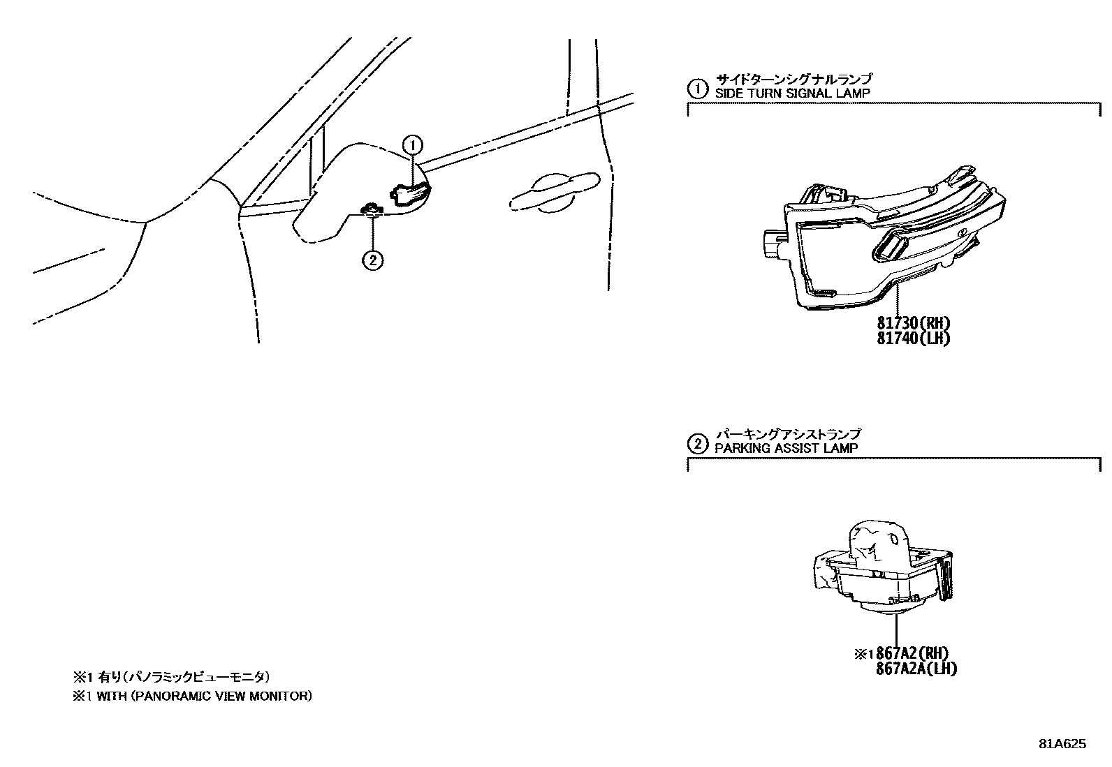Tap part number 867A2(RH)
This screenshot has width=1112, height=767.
click(x=913, y=654)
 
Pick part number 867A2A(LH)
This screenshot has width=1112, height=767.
click(x=916, y=669)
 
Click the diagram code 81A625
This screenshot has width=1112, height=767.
click(x=1061, y=744)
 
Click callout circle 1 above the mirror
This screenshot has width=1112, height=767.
click(x=413, y=145)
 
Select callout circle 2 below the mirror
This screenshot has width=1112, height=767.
click(x=372, y=260)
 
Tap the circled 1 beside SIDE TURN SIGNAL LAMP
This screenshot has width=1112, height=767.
click(x=696, y=89)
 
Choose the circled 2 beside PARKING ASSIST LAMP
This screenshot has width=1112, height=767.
click(x=696, y=444)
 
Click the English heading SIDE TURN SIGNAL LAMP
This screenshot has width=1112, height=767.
click(x=793, y=94)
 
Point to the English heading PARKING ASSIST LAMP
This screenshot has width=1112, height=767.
click(x=786, y=449)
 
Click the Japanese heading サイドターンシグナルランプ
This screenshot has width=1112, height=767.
click(x=793, y=80)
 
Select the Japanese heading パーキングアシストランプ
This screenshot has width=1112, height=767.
click(x=787, y=435)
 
